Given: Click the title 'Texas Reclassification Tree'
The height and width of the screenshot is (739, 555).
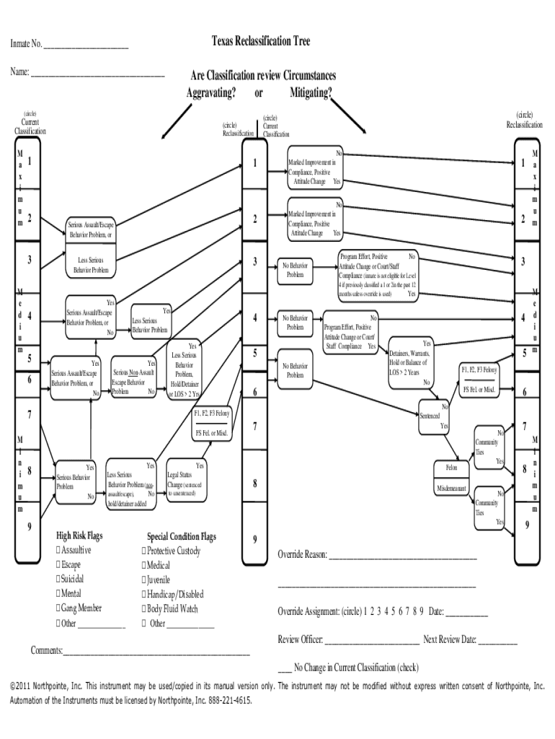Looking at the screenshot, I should tap(260, 42).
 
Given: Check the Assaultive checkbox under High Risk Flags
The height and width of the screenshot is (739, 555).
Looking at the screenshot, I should tap(58, 551).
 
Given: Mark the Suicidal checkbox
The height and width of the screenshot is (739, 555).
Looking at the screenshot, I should tap(58, 580).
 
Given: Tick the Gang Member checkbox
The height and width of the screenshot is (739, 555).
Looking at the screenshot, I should tap(58, 608).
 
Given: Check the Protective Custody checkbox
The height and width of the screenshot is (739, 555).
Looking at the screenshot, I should tap(144, 551).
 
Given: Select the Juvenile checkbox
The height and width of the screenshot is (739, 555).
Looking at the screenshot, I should tap(144, 580).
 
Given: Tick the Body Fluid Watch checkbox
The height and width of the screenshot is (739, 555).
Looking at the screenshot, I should tap(144, 609).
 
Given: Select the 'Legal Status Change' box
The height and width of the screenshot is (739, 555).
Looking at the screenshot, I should tap(187, 480).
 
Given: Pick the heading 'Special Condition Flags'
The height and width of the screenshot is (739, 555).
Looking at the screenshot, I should tap(181, 537).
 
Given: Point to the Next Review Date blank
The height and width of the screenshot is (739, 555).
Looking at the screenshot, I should tap(497, 640).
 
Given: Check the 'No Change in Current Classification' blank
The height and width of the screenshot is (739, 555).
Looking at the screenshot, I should tap(284, 668).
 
